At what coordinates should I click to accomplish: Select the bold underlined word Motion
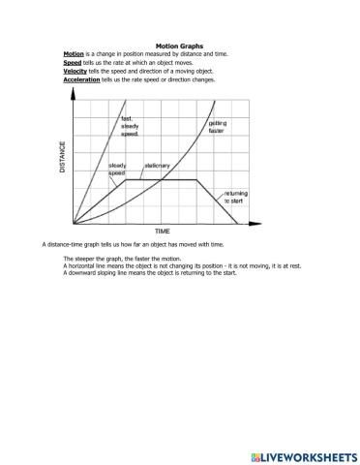coord(74,54)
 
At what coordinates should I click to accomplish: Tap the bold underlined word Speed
coord(73,63)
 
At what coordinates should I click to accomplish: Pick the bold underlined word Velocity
coord(75,71)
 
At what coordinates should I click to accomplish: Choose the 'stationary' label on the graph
coord(157,166)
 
